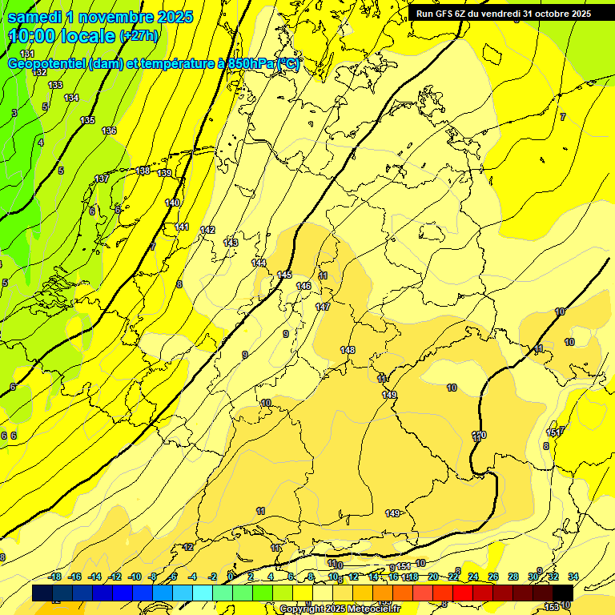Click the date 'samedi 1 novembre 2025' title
pos(100,17)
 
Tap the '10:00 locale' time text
pos(62,36)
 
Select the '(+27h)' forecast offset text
pos(139,36)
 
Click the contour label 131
pos(27,54)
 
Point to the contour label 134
pos(71,98)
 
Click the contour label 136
pos(109,131)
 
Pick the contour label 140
pos(172,203)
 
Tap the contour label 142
pos(207,230)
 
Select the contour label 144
pos(259,263)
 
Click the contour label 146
pos(303,286)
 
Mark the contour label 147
pos(323,307)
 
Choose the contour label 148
pos(348,350)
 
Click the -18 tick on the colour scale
pos(54,577)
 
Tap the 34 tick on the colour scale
pos(573,577)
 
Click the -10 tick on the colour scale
pos(135,577)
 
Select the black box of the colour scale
pos(562,593)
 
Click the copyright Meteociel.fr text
pos(340,609)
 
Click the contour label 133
pos(55,85)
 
